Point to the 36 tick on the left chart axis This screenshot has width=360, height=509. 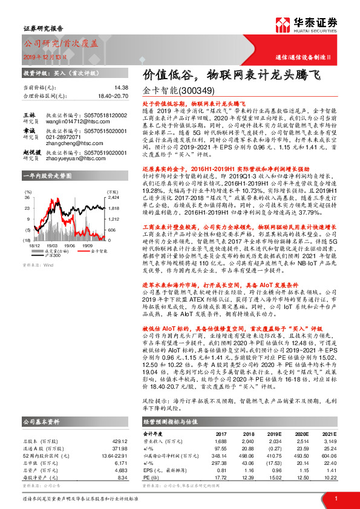[27, 197]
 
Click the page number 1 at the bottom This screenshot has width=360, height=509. [335, 499]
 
